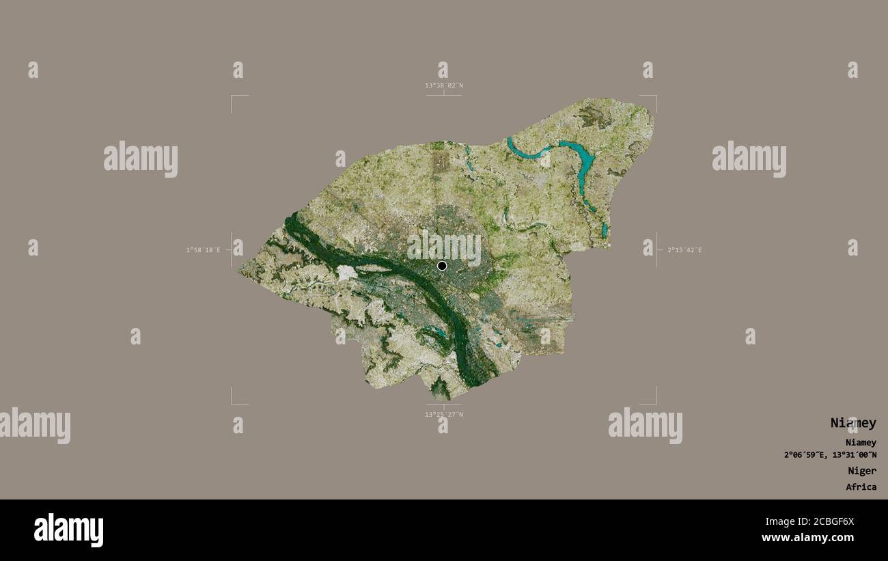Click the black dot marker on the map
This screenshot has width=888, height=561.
442,265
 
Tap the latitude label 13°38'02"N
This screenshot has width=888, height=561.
444,85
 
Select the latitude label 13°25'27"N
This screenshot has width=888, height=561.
444,414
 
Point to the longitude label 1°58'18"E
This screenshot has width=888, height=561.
203,250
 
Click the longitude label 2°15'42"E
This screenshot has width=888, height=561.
684,250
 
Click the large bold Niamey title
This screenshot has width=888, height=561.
852,423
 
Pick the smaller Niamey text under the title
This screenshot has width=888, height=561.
860,443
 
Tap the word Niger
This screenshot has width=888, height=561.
861,471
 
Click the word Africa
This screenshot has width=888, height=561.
861,487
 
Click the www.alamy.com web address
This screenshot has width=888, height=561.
807,538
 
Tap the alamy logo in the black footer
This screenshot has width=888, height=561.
68,530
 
